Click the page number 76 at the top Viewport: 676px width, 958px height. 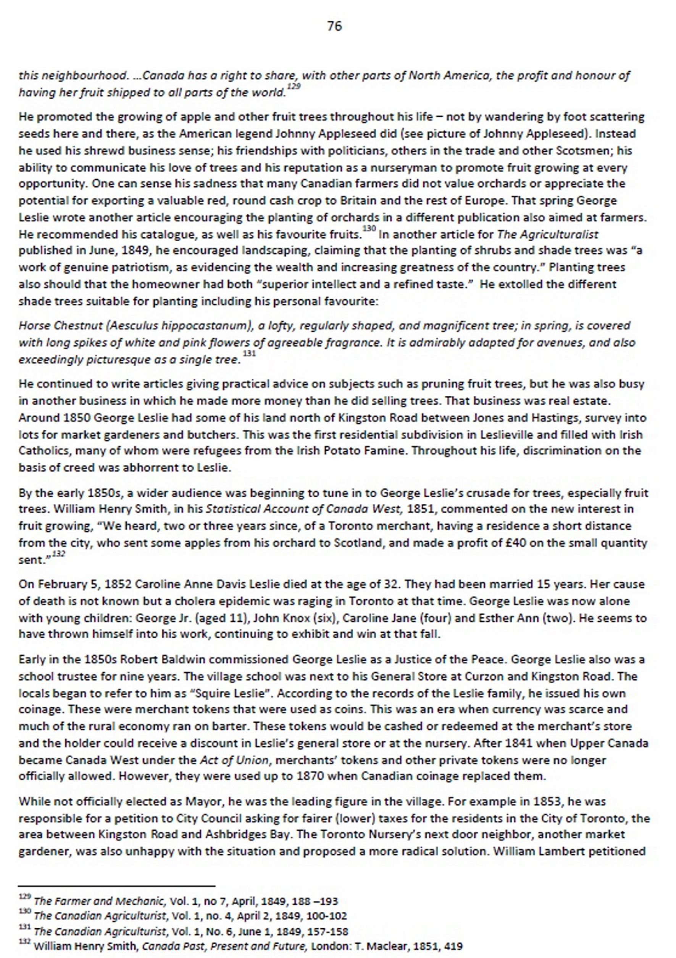(x=335, y=26)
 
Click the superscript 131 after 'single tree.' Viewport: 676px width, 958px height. (x=249, y=354)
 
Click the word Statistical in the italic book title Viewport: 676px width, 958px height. (x=232, y=509)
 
